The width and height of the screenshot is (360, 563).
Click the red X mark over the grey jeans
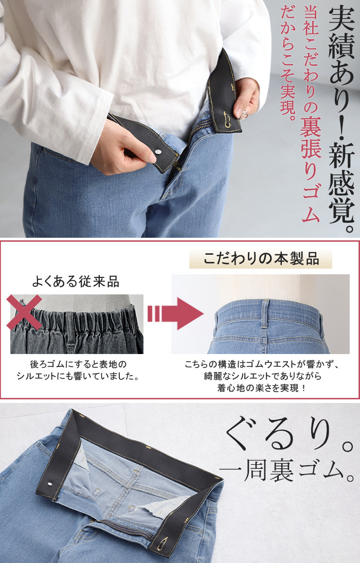24,312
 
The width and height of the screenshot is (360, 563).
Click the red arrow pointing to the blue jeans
175,313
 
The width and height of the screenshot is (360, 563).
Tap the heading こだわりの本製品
261,259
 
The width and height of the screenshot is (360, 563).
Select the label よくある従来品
76,281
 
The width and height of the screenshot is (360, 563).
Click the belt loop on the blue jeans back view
265,313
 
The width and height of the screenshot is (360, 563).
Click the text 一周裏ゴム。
287,470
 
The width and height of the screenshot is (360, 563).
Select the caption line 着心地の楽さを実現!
261,388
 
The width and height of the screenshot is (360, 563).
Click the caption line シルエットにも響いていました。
78,376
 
